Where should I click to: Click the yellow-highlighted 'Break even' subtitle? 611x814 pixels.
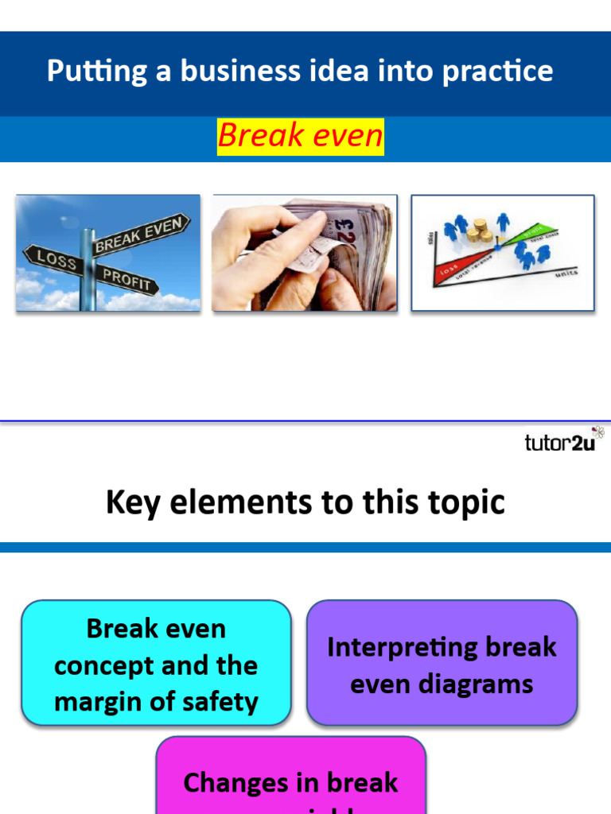click(x=300, y=136)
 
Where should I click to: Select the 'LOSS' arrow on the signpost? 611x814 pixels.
click(x=53, y=260)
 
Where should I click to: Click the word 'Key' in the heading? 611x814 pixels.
click(x=130, y=502)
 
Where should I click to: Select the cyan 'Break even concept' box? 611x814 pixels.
click(x=156, y=663)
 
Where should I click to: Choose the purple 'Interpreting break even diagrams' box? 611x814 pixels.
click(x=442, y=663)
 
